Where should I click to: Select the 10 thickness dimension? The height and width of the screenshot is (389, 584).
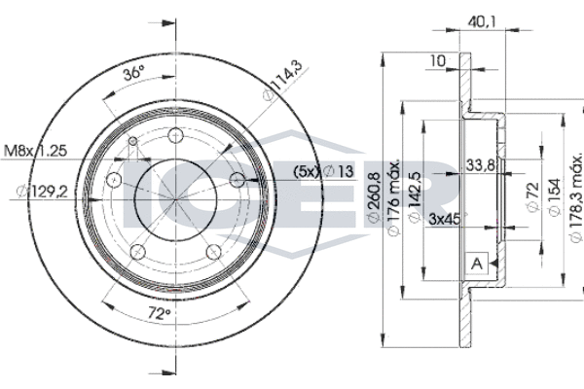[439, 60]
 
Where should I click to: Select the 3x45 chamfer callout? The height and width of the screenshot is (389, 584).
[445, 220]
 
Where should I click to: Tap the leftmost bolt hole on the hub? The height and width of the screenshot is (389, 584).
[113, 181]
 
